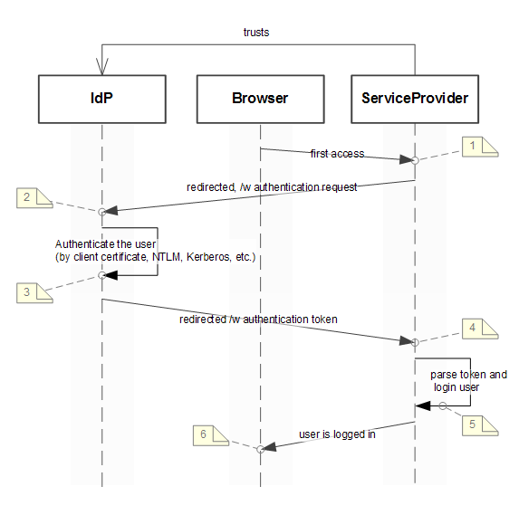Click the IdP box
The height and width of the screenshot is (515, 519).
click(x=102, y=99)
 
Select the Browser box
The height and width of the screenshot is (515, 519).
click(x=261, y=99)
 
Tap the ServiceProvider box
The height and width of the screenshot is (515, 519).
click(x=415, y=99)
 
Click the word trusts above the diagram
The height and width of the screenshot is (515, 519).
click(x=256, y=33)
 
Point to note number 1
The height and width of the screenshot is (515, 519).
click(x=480, y=147)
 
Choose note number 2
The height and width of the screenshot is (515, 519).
click(x=34, y=198)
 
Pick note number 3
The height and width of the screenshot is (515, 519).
click(x=34, y=292)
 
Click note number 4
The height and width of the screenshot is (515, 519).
click(x=480, y=329)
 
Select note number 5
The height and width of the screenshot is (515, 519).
click(x=480, y=425)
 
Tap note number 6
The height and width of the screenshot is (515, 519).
click(x=211, y=435)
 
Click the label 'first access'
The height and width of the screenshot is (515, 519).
click(x=337, y=154)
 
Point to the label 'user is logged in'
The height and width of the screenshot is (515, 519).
click(x=337, y=434)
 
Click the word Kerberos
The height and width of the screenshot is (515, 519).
click(x=208, y=257)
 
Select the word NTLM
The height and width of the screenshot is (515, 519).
click(x=168, y=257)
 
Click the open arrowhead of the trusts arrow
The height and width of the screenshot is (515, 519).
click(x=102, y=66)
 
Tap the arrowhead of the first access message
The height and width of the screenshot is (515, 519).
click(x=406, y=159)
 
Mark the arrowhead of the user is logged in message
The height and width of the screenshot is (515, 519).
click(x=270, y=447)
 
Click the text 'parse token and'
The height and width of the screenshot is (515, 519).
click(x=468, y=375)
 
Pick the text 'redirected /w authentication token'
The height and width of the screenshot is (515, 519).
click(x=258, y=319)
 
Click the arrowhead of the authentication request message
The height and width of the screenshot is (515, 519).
click(x=111, y=210)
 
